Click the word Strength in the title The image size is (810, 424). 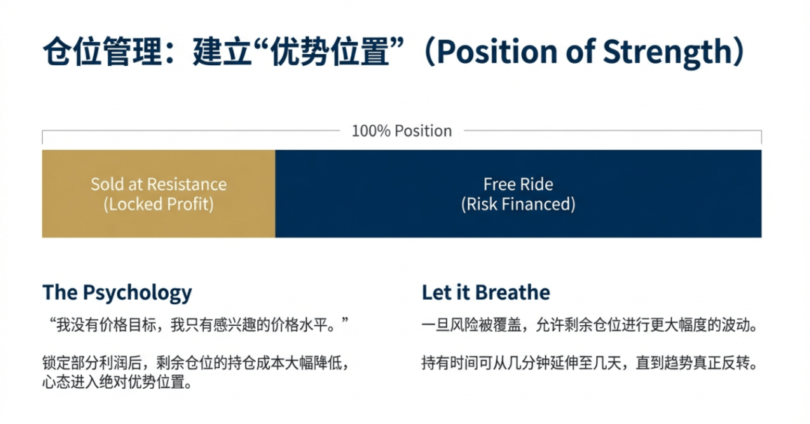coord(667,53)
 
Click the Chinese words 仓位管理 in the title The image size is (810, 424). coord(103,52)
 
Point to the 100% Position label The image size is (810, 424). coord(402,131)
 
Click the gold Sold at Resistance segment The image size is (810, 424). coord(158,194)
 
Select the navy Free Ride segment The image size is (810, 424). coord(518,194)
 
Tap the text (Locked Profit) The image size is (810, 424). coord(158,205)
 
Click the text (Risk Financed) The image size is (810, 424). coord(518,205)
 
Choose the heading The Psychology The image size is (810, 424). coord(117,293)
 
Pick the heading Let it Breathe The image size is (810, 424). coord(485,292)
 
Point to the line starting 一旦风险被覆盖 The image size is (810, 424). coord(590,325)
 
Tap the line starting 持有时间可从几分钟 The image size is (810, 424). coord(590,363)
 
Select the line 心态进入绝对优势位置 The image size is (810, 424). coord(118,382)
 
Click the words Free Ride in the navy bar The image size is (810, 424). coord(518,184)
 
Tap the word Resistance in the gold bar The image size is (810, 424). coord(187,184)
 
